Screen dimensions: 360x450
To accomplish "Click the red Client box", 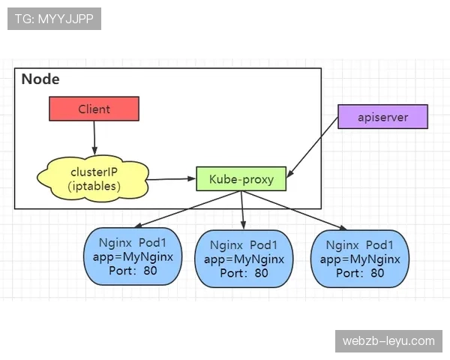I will tap(94, 109).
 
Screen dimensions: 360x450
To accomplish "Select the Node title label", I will tap(40, 79).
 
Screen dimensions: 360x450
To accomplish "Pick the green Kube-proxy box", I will tap(241, 179).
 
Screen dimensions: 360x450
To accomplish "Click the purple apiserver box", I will tap(382, 117).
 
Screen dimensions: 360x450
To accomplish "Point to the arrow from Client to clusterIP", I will tap(94, 139).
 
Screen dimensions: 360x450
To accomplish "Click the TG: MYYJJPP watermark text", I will tap(53, 19).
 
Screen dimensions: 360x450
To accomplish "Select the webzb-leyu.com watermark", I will tap(388, 341).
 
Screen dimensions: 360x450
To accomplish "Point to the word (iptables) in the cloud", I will tap(94, 185).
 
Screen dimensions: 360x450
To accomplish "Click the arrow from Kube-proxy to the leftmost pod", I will tap(187, 209).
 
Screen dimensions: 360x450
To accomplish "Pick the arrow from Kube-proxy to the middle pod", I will tap(242, 210).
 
